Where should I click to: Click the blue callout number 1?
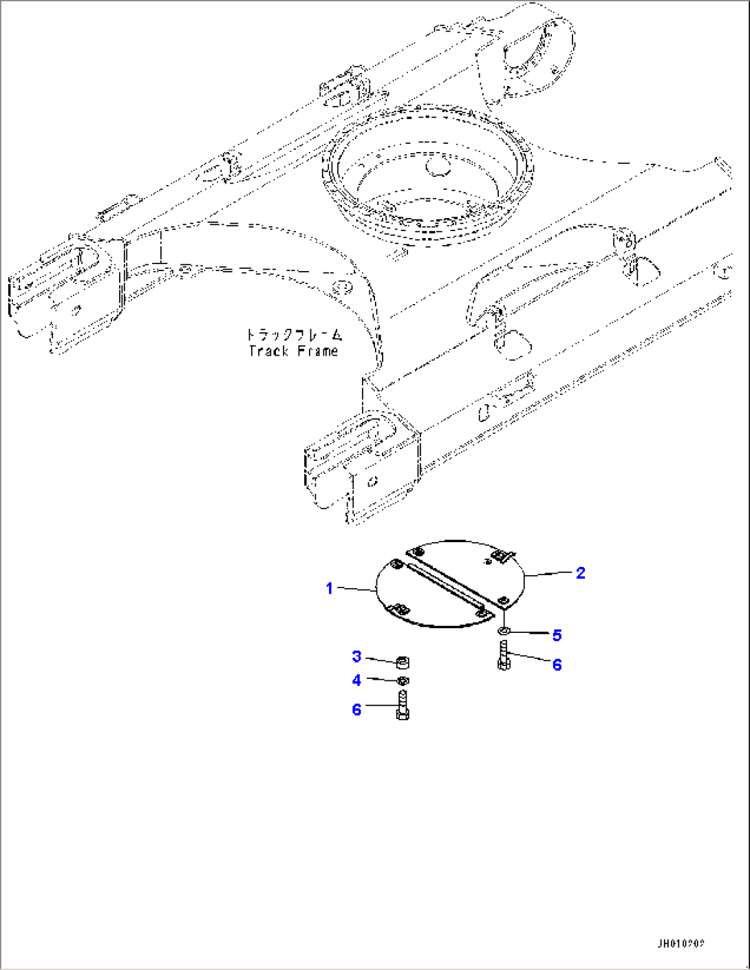point(330,589)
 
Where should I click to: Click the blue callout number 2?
point(580,572)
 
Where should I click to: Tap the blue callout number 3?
point(356,656)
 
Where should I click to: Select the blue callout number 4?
point(356,680)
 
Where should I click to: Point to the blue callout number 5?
point(557,634)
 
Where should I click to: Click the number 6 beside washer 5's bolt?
point(557,665)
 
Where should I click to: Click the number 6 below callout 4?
point(356,709)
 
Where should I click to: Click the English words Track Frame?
point(294,351)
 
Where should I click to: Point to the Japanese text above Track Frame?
point(294,335)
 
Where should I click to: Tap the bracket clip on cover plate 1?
point(398,609)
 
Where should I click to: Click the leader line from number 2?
point(548,574)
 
